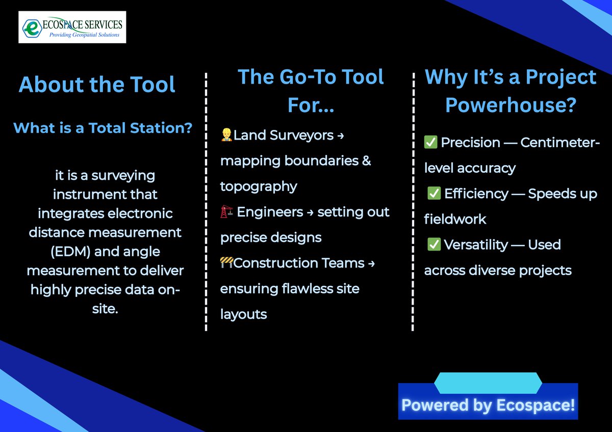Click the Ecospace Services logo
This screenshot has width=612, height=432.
[x=72, y=27]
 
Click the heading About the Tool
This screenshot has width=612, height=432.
[x=97, y=84]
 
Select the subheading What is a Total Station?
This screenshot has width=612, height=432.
[x=103, y=127]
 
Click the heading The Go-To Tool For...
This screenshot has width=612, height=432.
[x=311, y=90]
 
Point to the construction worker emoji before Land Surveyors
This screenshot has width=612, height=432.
[x=226, y=135]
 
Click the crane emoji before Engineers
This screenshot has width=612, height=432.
[x=226, y=212]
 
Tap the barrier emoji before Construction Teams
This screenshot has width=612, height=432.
[x=226, y=263]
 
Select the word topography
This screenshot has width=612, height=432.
[x=259, y=186]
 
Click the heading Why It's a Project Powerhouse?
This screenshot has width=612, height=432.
[x=511, y=91]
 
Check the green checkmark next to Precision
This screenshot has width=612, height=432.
[x=430, y=143]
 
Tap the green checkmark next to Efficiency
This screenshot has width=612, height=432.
[x=434, y=194]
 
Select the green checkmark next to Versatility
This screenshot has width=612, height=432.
[x=434, y=245]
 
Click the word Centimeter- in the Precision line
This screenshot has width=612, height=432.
[x=560, y=143]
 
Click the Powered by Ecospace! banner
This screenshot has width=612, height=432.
[x=488, y=404]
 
